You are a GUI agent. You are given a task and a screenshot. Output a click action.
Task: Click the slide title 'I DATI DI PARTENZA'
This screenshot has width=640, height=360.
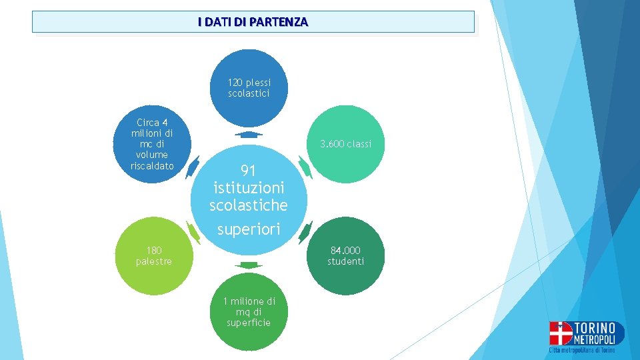click(x=253, y=22)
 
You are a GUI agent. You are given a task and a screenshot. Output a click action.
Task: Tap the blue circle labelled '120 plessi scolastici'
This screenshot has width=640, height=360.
click(x=249, y=88)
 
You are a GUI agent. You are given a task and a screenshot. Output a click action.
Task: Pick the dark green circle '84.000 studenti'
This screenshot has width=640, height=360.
click(x=345, y=256)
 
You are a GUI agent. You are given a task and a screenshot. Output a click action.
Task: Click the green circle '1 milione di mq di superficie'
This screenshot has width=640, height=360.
click(x=249, y=312)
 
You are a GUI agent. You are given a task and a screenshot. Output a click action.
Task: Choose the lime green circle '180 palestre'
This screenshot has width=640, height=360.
click(x=153, y=256)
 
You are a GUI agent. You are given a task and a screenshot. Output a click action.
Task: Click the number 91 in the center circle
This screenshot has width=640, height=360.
click(x=249, y=170)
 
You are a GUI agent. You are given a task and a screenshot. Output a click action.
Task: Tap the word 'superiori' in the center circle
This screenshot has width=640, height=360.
click(x=249, y=229)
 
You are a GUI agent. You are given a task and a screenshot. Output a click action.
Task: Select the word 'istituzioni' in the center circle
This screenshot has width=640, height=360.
click(x=249, y=188)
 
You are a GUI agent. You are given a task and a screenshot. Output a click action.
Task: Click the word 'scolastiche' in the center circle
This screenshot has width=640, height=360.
click(x=249, y=205)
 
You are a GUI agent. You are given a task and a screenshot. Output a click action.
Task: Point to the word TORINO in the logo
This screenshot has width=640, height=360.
click(x=595, y=327)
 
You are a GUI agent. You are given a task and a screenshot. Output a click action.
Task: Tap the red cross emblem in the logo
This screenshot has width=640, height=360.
click(x=561, y=333)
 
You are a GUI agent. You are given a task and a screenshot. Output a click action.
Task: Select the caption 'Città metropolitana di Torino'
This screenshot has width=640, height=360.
click(x=583, y=350)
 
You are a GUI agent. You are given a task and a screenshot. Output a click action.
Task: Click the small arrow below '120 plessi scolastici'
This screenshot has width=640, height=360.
click(x=248, y=135)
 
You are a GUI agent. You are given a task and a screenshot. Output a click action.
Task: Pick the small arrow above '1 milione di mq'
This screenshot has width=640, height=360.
click(x=248, y=265)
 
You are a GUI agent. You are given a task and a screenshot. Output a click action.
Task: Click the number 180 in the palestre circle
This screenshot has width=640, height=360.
click(x=153, y=251)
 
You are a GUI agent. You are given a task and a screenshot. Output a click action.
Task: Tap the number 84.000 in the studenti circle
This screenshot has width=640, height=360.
click(x=345, y=251)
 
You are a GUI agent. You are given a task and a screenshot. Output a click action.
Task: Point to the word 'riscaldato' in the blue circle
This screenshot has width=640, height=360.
click(x=153, y=166)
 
